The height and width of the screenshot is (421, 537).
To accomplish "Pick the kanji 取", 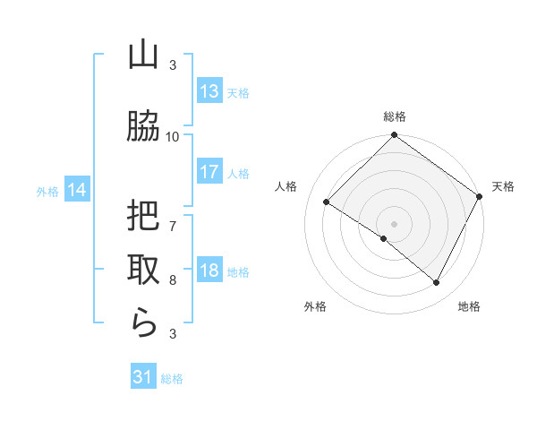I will (x=143, y=269).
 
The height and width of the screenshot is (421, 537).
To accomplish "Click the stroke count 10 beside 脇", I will (x=173, y=136).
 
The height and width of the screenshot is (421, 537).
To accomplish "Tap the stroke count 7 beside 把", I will (x=173, y=226).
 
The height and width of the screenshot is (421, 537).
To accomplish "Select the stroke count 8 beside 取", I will (x=173, y=280).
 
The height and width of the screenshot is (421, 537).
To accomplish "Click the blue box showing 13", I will (x=209, y=91).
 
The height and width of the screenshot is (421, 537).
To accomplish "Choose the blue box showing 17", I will (x=209, y=172).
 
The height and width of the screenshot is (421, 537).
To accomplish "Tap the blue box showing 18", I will (x=209, y=271).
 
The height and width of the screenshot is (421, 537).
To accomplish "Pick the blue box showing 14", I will (x=76, y=190).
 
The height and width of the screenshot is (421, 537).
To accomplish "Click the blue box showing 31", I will (x=143, y=378).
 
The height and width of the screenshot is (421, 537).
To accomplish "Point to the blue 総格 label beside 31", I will (x=172, y=379).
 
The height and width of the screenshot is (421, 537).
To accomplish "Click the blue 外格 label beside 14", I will (x=47, y=191).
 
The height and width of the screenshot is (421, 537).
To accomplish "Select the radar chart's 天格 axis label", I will (x=503, y=186).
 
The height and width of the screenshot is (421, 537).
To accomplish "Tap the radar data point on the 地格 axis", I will (x=437, y=283).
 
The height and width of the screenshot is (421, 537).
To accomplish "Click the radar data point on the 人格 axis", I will (x=327, y=202).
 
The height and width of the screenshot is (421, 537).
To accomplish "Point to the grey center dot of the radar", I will (x=394, y=223).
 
